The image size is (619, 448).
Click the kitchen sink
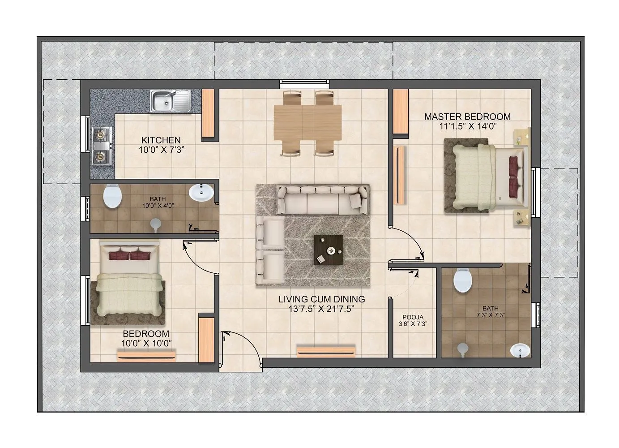(170, 101)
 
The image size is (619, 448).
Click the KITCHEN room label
(161, 140)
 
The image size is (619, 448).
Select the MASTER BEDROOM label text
(467, 117)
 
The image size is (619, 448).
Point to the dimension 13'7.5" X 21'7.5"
(322, 309)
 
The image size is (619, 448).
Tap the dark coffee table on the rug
(328, 250)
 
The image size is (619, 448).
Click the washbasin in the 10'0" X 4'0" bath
(201, 193)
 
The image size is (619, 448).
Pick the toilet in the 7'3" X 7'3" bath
(463, 281)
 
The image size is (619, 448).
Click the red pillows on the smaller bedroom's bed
(129, 256)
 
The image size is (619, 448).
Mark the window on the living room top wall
(304, 83)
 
